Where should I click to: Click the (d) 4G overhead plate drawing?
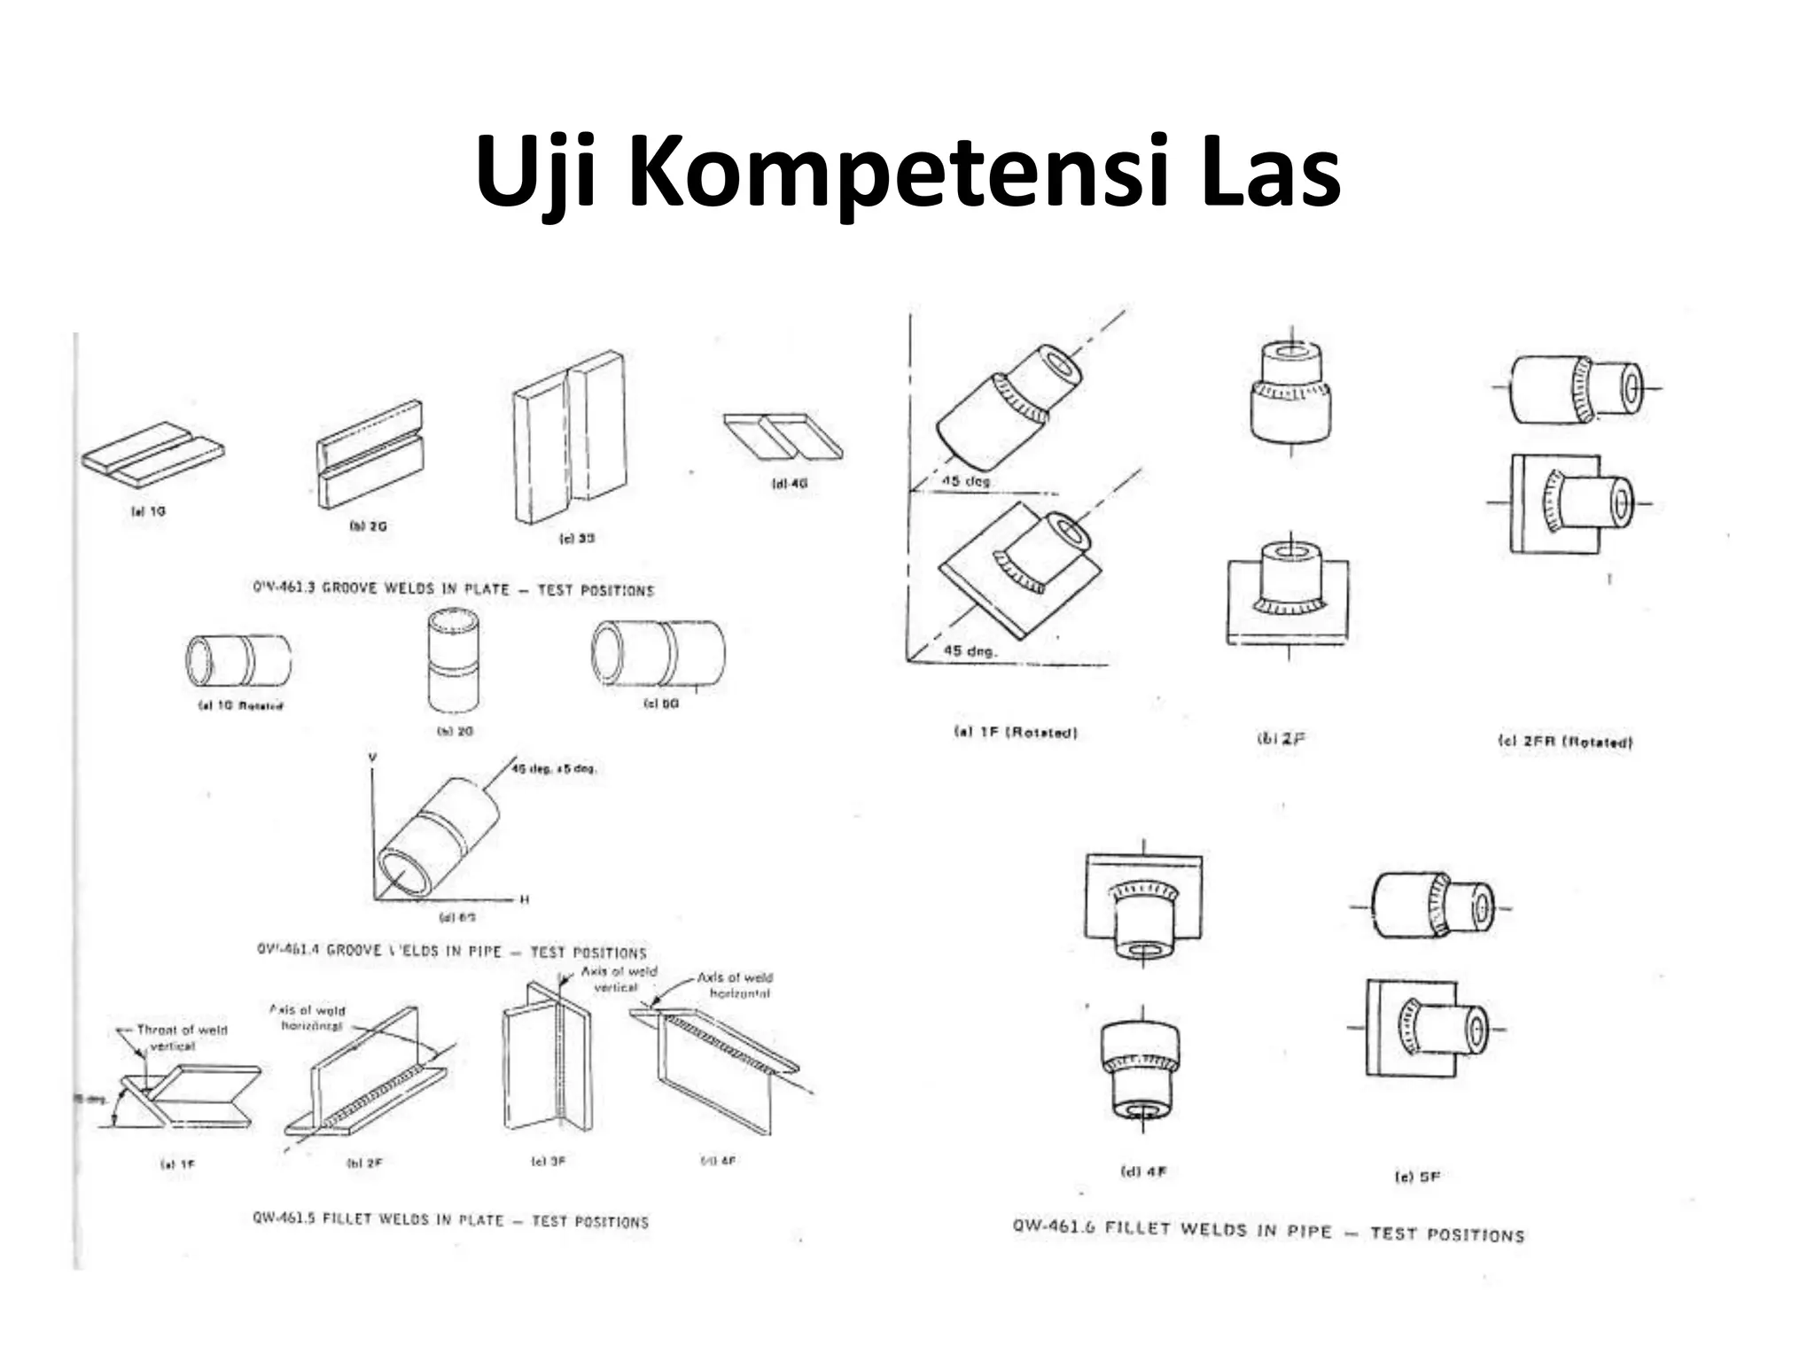(783, 435)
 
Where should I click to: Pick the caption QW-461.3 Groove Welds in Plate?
(453, 588)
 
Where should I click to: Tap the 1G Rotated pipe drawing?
(238, 660)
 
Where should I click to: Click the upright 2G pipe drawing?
(454, 659)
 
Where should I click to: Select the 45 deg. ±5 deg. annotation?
(554, 768)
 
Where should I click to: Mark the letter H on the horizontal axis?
(524, 899)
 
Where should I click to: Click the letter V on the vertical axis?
(372, 758)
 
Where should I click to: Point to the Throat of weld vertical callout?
(181, 1038)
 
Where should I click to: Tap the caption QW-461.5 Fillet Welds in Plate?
(450, 1220)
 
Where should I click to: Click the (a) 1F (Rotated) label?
(1015, 733)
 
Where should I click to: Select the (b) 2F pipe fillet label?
(1281, 738)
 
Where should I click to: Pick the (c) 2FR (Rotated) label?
(1564, 742)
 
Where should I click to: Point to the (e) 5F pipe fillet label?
(1417, 1177)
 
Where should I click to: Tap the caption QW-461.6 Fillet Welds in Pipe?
(1268, 1231)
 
